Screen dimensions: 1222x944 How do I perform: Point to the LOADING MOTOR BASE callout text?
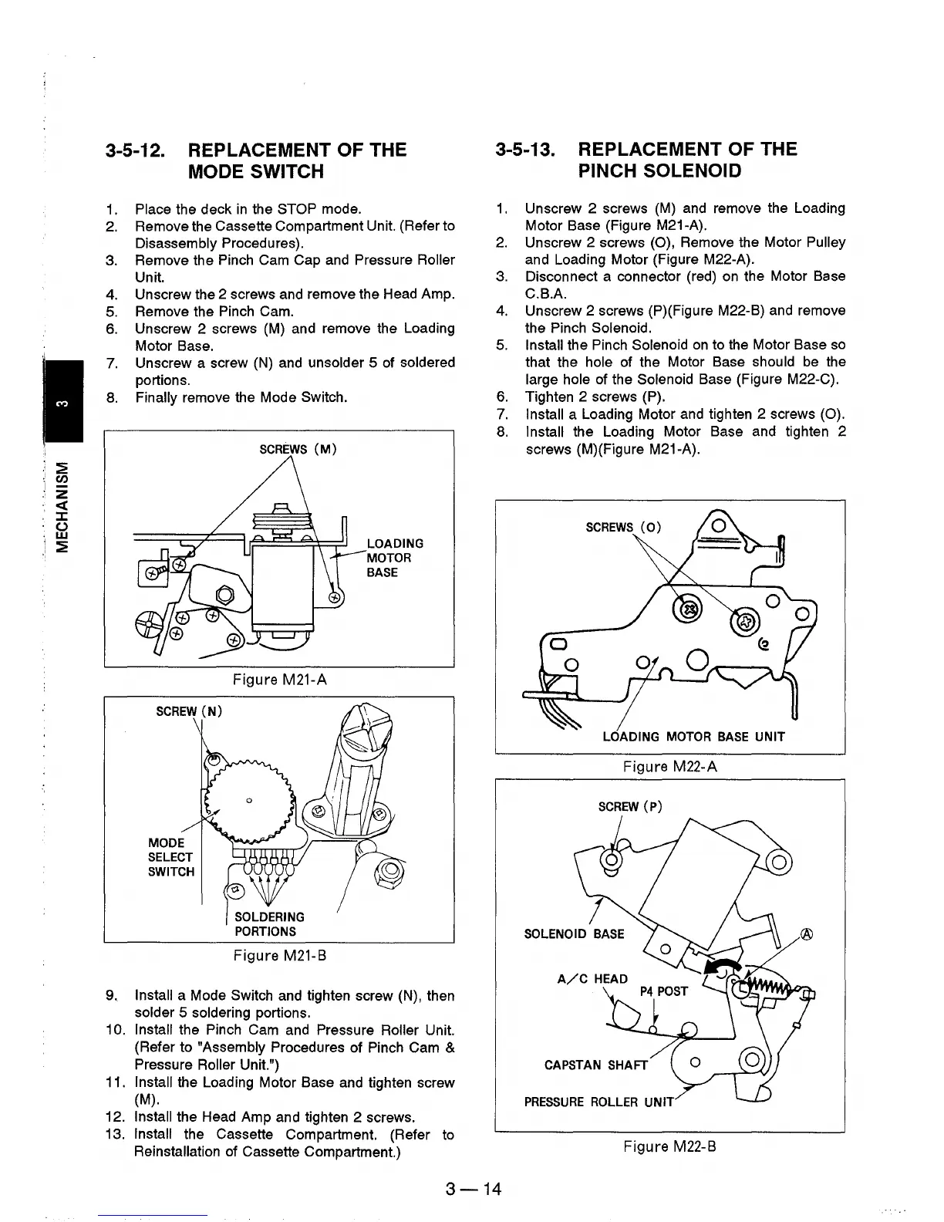tap(394, 558)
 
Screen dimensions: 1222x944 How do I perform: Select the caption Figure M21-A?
tap(279, 680)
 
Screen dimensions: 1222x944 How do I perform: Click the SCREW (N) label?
tap(189, 711)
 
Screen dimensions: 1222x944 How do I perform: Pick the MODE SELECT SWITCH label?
tap(170, 857)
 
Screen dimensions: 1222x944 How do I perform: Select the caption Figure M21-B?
tap(279, 957)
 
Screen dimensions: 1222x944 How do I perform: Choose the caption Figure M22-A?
tap(669, 767)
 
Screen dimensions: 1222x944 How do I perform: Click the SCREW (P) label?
tap(630, 808)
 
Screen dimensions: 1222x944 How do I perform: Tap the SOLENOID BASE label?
tap(574, 934)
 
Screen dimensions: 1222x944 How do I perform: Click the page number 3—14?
tap(473, 1189)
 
